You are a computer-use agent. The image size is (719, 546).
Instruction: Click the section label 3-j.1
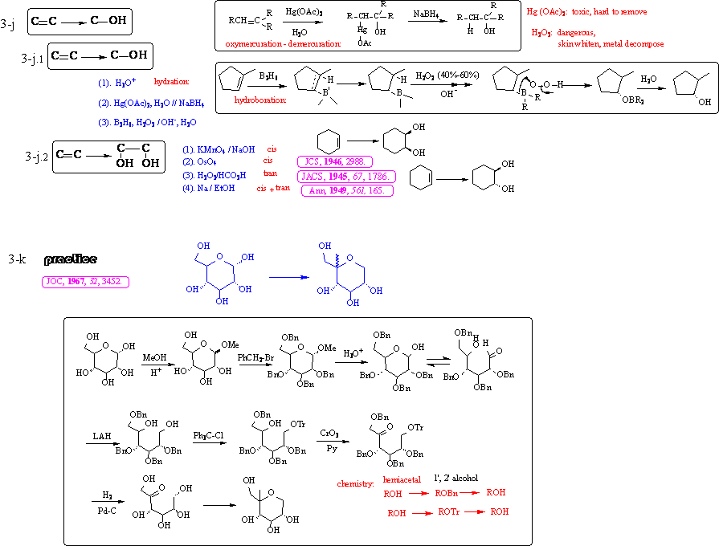(33, 58)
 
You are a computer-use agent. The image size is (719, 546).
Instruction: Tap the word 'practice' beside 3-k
(71, 259)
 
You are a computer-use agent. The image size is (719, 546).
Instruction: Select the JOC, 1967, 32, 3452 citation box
(86, 282)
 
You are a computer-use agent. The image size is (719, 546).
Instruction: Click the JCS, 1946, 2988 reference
(334, 161)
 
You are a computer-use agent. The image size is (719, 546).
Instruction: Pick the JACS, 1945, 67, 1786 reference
(345, 176)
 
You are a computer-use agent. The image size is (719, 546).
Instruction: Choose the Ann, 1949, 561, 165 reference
(346, 190)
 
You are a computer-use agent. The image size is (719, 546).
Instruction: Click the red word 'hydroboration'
(260, 100)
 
